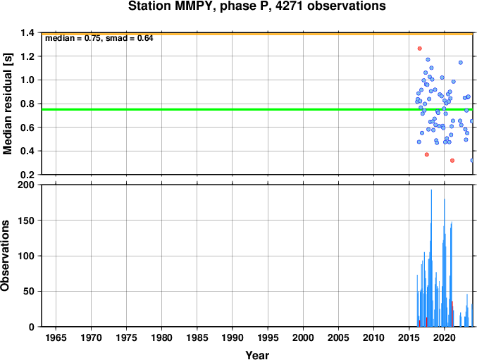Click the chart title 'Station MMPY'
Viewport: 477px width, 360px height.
coord(170,6)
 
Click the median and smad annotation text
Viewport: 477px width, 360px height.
coord(99,38)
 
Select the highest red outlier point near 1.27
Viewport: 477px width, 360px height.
coord(420,49)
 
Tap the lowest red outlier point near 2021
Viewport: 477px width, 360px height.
coord(452,161)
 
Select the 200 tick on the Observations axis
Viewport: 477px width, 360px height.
coord(26,185)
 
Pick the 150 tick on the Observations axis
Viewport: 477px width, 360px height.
coord(26,221)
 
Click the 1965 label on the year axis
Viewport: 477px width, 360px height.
coord(56,337)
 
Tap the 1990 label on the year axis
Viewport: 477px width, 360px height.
coord(233,337)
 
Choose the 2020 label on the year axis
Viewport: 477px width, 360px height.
coord(445,337)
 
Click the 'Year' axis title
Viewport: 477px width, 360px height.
coord(257,355)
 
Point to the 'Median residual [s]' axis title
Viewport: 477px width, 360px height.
coord(8,104)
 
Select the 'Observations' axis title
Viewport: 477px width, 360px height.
coord(5,256)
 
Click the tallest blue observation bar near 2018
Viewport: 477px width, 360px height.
coord(431,258)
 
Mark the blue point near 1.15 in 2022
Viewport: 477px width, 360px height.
coord(461,63)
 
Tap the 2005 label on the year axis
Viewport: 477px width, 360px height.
coord(338,337)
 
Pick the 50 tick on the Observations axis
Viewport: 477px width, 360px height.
coord(29,291)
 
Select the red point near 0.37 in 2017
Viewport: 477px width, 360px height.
coord(427,154)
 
